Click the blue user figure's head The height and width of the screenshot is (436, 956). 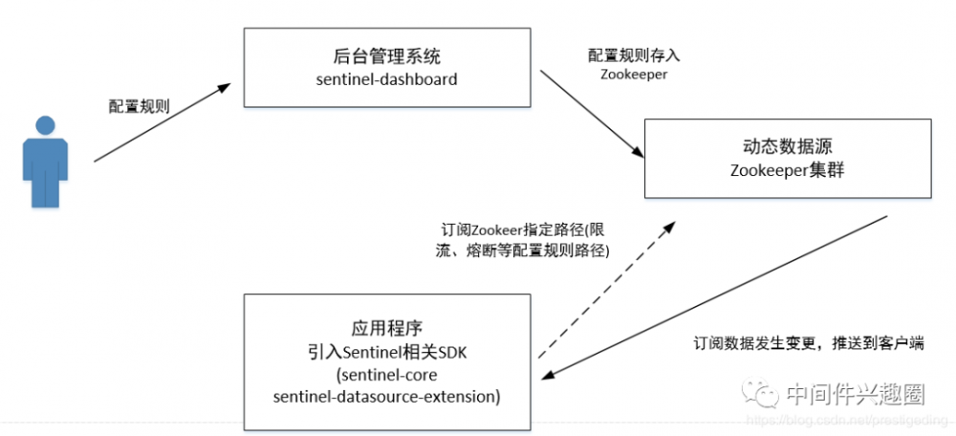click(45, 126)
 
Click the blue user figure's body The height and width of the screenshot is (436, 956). click(45, 172)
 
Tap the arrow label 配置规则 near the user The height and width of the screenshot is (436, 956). click(139, 105)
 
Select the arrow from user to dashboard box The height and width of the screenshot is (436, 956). click(162, 122)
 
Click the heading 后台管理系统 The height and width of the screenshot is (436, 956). click(386, 55)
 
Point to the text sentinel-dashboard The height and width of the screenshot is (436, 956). click(386, 78)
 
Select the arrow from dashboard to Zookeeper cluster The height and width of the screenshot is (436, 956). click(589, 112)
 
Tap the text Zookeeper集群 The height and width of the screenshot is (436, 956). click(787, 170)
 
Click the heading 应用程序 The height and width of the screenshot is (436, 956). click(386, 325)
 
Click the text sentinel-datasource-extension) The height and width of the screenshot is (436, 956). click(386, 394)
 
